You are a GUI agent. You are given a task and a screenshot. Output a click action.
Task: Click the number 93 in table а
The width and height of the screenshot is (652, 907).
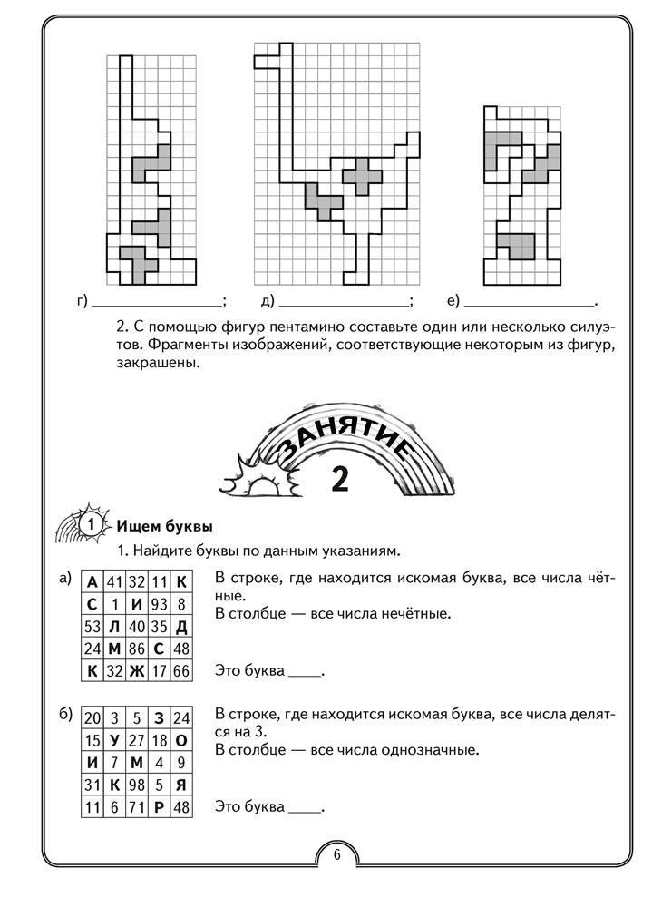[x=159, y=603]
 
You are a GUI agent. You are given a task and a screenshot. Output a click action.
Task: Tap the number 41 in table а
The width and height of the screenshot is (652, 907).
[x=114, y=580]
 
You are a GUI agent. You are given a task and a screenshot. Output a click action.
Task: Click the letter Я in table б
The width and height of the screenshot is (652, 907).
[x=181, y=785]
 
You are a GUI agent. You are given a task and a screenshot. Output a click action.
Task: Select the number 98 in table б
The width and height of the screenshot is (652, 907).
[x=137, y=785]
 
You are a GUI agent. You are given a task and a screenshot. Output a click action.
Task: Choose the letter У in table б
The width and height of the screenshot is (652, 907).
[x=114, y=740]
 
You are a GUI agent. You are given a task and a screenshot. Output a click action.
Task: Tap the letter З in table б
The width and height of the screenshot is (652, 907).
[x=159, y=717]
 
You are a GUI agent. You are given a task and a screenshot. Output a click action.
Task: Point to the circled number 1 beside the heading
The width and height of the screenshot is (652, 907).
[x=89, y=526]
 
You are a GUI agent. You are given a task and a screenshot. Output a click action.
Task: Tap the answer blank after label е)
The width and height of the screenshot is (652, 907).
[x=527, y=302]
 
